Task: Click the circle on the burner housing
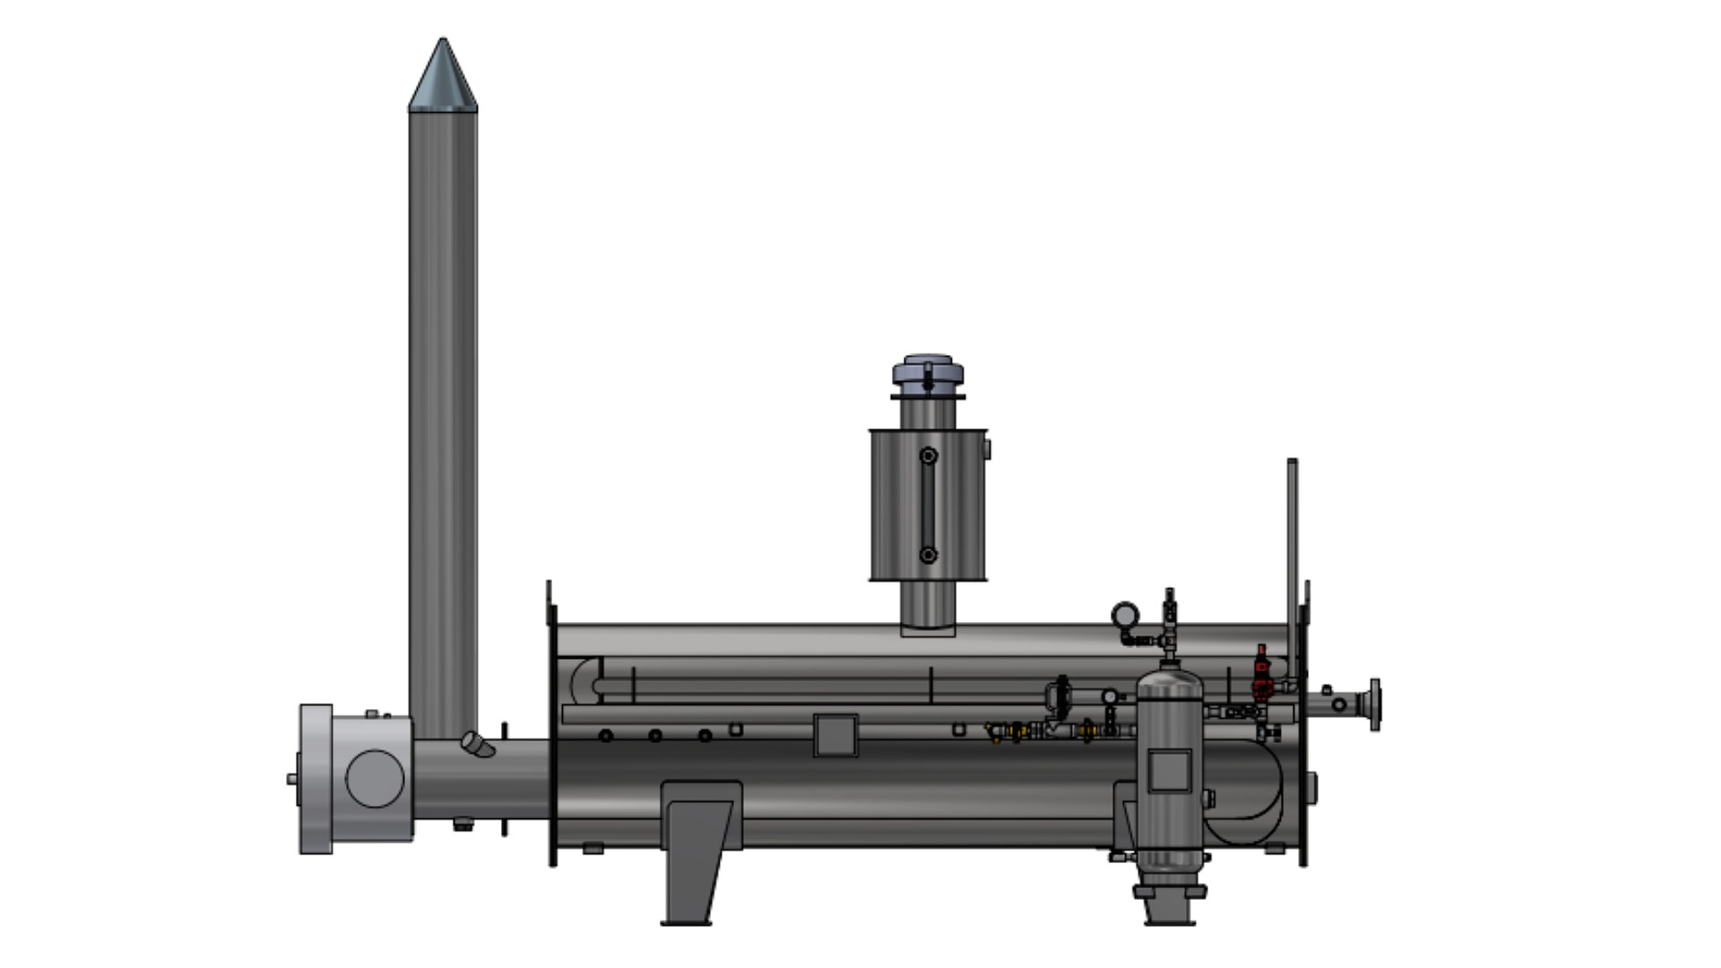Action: coord(375,778)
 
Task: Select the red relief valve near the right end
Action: coord(1262,672)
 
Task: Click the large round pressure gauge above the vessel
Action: coord(1125,615)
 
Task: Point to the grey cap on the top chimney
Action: coord(928,373)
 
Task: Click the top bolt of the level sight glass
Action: coord(929,456)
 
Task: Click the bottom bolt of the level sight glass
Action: coord(929,556)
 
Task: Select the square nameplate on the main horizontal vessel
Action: coord(835,735)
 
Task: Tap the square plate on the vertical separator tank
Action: coord(1169,771)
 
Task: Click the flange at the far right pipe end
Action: coord(1374,704)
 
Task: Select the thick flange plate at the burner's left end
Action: coord(315,778)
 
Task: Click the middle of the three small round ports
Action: coord(655,736)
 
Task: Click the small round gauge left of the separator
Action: coord(1110,696)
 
